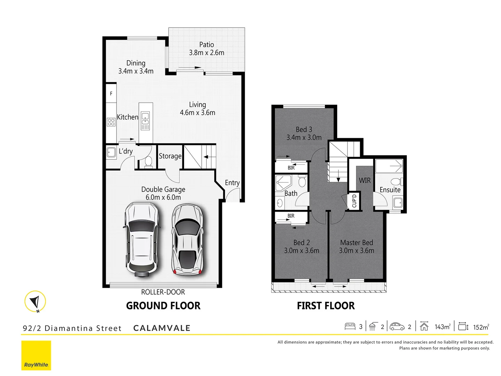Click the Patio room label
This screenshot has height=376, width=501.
click(x=206, y=45)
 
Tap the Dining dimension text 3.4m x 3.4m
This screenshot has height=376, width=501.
click(x=136, y=71)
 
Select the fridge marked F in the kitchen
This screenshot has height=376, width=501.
click(x=111, y=93)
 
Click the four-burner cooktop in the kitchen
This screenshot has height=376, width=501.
click(x=111, y=122)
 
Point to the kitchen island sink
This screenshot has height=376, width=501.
click(x=145, y=116)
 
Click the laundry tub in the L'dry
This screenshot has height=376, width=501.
click(x=111, y=152)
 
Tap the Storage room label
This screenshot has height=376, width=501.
click(x=170, y=156)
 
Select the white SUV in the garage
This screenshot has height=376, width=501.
click(x=142, y=239)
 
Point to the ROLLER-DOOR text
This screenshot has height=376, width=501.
click(x=163, y=292)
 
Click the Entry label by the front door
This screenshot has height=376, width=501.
click(x=232, y=183)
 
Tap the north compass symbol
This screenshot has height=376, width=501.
click(x=35, y=301)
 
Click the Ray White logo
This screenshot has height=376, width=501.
click(x=36, y=355)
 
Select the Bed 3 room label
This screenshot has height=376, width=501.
click(x=304, y=130)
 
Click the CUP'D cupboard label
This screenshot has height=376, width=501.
click(x=354, y=201)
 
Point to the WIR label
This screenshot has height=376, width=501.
click(x=365, y=180)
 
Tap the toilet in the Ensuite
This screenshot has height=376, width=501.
click(x=396, y=182)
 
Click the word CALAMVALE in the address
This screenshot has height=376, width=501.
click(x=162, y=328)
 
